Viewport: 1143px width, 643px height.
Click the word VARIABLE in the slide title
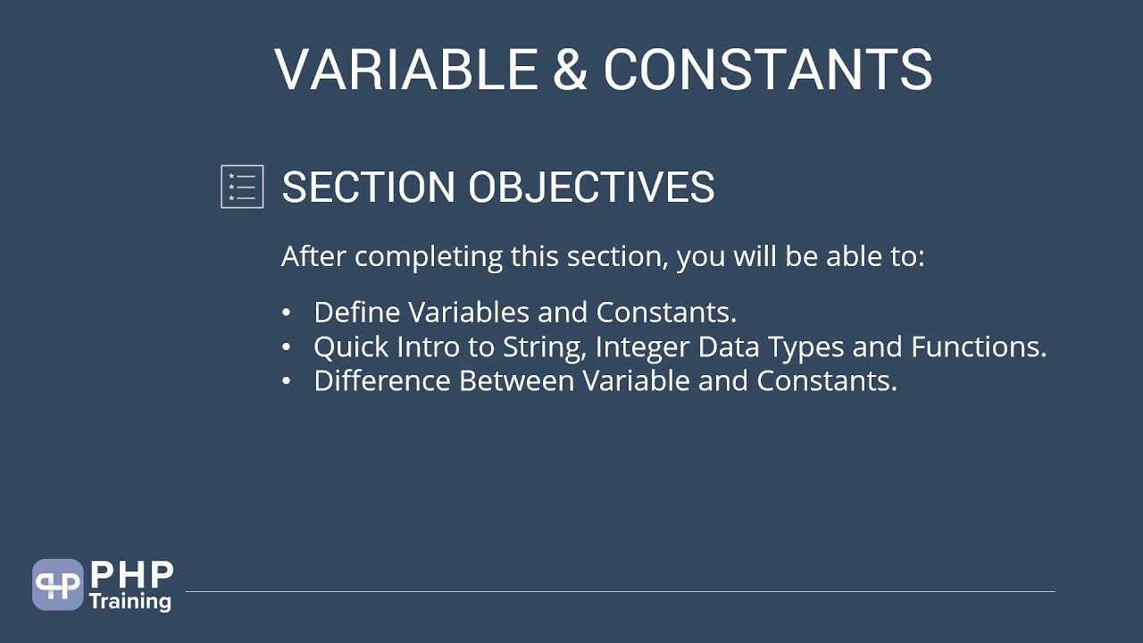405,70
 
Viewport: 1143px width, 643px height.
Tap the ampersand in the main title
570,70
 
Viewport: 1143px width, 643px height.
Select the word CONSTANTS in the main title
767,70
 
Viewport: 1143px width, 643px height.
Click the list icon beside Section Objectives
242,187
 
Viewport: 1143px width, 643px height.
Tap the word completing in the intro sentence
429,257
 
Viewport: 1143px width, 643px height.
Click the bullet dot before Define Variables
286,313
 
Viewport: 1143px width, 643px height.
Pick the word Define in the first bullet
357,313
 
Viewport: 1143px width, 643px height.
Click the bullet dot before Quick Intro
286,347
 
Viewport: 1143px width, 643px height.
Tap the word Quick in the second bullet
349,347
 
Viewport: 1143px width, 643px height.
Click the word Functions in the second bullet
978,347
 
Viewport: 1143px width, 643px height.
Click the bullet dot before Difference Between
286,380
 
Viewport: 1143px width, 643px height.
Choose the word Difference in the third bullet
382,380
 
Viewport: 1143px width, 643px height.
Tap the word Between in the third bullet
516,380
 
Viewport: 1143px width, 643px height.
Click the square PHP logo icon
57,585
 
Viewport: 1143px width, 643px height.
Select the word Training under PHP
130,600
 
